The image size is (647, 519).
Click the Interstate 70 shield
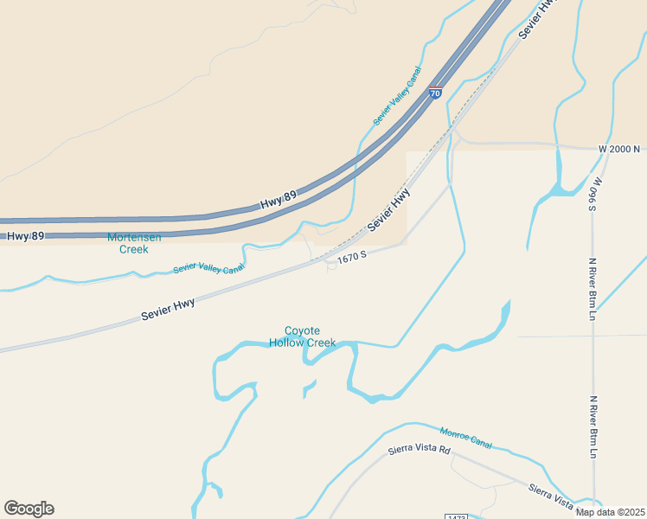click(x=435, y=93)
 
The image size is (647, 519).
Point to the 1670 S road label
click(x=352, y=257)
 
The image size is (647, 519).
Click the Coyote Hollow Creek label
click(x=302, y=336)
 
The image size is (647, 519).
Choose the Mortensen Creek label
click(x=133, y=243)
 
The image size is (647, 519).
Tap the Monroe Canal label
click(x=465, y=438)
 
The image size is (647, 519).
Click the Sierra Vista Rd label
click(x=420, y=450)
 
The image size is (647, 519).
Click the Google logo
click(x=29, y=509)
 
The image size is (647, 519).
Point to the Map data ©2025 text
click(x=610, y=512)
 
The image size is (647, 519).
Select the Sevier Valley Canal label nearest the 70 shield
click(x=397, y=95)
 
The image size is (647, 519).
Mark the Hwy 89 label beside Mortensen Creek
click(x=25, y=235)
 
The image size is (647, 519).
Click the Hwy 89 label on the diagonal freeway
click(x=278, y=201)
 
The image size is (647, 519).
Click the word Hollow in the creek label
click(x=290, y=343)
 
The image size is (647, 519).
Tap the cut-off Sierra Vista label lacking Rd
click(x=551, y=497)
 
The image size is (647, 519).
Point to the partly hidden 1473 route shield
click(x=456, y=516)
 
